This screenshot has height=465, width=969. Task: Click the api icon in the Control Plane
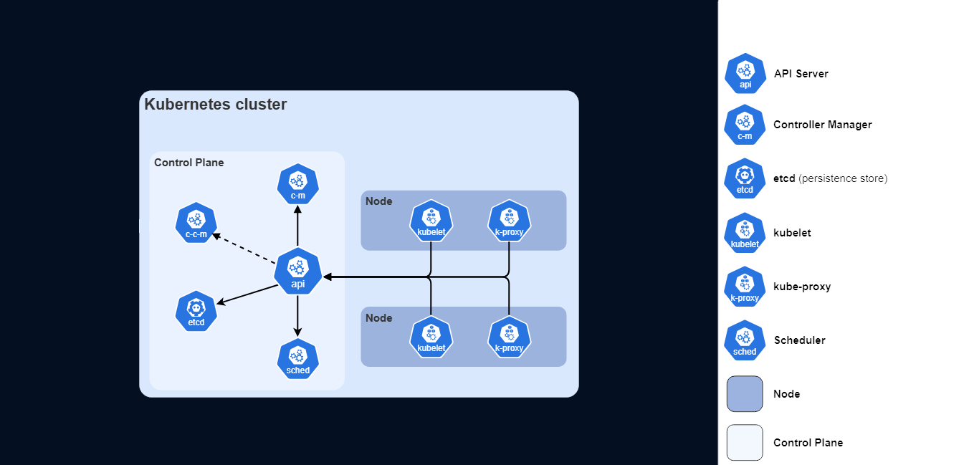coord(297,272)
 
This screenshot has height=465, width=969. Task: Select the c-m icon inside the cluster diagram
coord(297,184)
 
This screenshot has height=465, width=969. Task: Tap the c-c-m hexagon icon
coord(196,223)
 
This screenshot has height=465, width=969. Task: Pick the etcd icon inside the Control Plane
coord(196,312)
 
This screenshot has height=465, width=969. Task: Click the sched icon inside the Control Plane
coord(297,359)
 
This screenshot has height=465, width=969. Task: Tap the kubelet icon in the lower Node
coord(431,337)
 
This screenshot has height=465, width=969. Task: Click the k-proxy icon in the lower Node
coord(509,337)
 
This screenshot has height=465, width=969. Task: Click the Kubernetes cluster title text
coord(215,105)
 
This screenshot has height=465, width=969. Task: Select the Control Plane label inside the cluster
coord(188,163)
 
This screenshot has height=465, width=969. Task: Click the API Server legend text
coord(801,74)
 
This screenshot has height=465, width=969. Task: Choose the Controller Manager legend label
coord(822,125)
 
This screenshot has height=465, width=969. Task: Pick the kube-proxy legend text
coord(802,287)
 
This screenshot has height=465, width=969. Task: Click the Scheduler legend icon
coord(745,340)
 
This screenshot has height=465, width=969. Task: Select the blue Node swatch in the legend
coord(745,394)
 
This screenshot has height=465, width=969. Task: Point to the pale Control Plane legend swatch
coord(745,443)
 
